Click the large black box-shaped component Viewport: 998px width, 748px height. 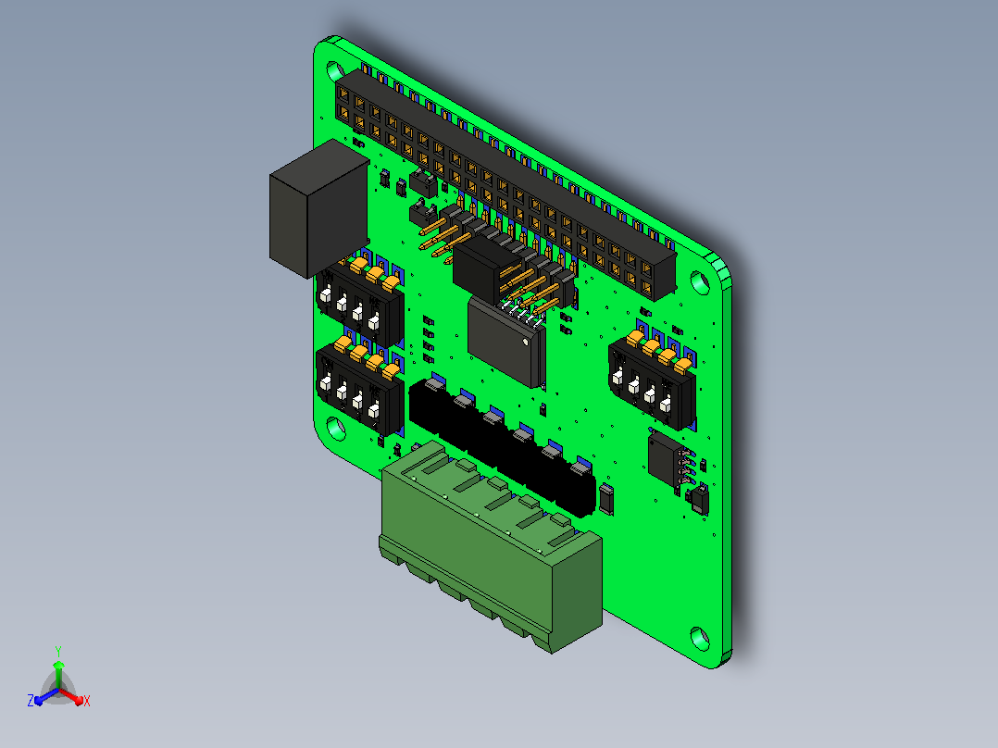coord(318,209)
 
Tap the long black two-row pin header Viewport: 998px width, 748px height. coord(506,183)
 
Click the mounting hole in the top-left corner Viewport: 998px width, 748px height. coord(335,70)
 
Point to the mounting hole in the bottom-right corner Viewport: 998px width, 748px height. coord(700,637)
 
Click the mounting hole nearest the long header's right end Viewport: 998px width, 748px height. coord(700,282)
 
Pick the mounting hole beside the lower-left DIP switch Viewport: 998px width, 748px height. coord(335,429)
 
